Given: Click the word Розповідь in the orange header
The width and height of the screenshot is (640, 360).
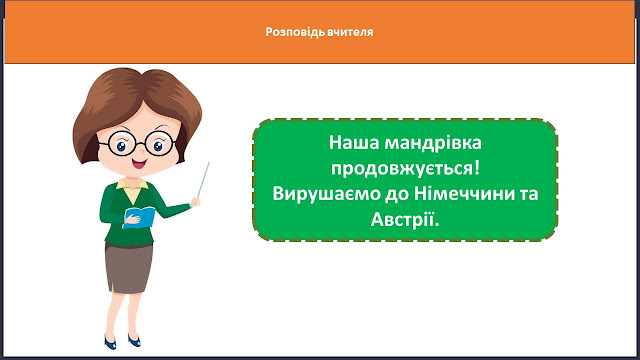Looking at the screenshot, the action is click(x=296, y=32).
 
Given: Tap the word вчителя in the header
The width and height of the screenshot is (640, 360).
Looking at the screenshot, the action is click(x=351, y=32).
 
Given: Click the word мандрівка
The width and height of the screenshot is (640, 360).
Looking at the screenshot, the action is click(x=433, y=144).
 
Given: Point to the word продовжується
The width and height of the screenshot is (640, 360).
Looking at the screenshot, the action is click(x=402, y=169).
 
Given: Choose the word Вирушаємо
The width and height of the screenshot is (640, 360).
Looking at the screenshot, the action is click(x=325, y=193).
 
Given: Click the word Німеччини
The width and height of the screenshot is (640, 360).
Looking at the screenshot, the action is click(x=460, y=193).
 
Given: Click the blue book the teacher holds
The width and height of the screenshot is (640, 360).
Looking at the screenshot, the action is click(x=140, y=217).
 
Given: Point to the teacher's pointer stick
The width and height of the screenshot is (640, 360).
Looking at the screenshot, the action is click(x=203, y=180).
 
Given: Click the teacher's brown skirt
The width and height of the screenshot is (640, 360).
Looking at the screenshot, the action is click(x=129, y=268).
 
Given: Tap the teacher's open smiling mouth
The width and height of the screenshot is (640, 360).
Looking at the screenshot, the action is click(x=139, y=164).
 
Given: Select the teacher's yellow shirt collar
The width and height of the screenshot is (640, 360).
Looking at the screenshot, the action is click(x=132, y=188).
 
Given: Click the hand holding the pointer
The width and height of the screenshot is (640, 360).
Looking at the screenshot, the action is click(x=196, y=201).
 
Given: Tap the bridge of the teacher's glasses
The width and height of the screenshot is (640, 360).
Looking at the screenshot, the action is click(x=140, y=143).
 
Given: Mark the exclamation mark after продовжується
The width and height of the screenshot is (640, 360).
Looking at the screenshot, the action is click(x=477, y=169).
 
